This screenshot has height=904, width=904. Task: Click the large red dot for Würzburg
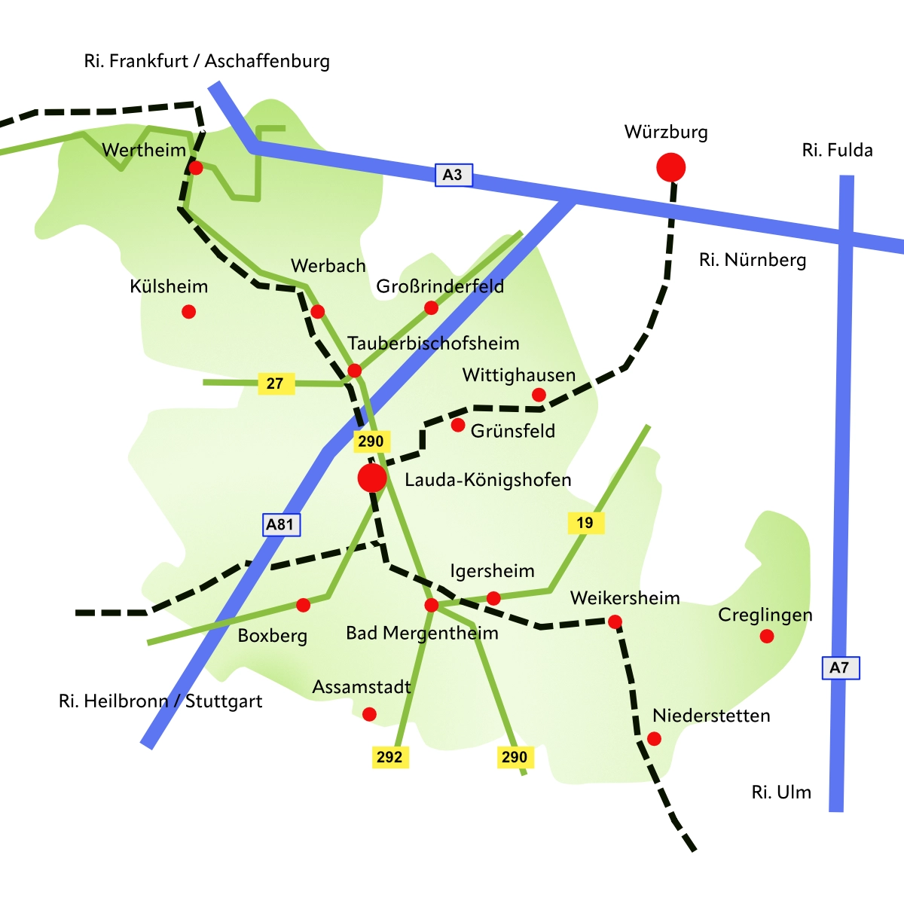[670, 166]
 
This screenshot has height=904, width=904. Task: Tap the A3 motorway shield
[453, 175]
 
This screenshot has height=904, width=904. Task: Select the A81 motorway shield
[281, 524]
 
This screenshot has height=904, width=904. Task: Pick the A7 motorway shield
[839, 667]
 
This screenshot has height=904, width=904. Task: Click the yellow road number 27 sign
[275, 383]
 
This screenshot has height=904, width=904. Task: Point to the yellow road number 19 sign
[585, 523]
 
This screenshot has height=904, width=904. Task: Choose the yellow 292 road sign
[389, 756]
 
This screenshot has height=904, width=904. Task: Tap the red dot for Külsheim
[189, 311]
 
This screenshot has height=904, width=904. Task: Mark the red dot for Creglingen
[767, 637]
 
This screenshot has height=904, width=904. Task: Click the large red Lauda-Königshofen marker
[372, 478]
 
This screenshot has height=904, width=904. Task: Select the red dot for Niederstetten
[654, 739]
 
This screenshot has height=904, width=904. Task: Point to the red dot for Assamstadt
[369, 714]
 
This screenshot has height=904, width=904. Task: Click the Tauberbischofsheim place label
[433, 344]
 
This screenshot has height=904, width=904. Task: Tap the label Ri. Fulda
[837, 151]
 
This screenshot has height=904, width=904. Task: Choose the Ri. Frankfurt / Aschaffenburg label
[206, 61]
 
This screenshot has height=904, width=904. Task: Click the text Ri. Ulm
[781, 793]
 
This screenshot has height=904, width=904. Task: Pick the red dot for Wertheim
[196, 168]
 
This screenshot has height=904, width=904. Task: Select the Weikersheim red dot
[615, 621]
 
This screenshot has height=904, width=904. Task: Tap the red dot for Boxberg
[303, 605]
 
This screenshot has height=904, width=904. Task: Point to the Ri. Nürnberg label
[752, 261]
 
